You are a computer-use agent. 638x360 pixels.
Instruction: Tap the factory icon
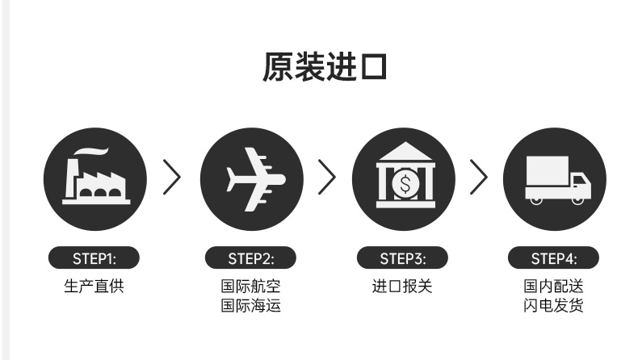(x=95, y=178)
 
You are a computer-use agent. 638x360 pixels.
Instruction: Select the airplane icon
(x=251, y=178)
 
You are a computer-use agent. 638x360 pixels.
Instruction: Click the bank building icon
(x=404, y=178)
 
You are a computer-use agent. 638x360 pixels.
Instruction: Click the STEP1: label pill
(x=94, y=258)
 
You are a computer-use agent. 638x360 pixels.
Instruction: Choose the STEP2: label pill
(x=250, y=258)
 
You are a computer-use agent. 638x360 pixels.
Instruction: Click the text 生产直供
(x=94, y=286)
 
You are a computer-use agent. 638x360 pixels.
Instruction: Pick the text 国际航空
(x=250, y=286)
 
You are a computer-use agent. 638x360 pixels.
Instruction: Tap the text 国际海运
(x=250, y=306)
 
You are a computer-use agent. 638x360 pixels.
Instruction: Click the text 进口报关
(x=402, y=286)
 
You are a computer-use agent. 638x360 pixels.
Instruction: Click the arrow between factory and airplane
(x=172, y=178)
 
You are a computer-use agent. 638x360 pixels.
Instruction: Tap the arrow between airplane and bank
(x=325, y=178)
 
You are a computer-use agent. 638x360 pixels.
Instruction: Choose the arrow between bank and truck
(x=479, y=178)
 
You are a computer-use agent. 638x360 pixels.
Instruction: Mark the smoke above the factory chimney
(x=90, y=153)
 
